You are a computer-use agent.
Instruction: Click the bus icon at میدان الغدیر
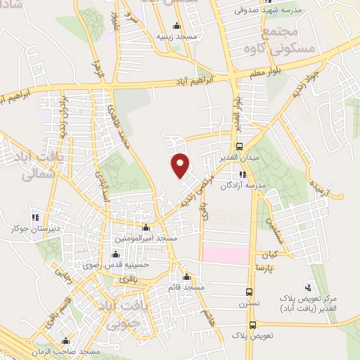pyautogui.click(x=240, y=147)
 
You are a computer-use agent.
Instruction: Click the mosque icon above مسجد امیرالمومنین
pyautogui.click(x=146, y=227)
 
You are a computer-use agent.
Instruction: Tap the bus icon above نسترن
pyautogui.click(x=249, y=292)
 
